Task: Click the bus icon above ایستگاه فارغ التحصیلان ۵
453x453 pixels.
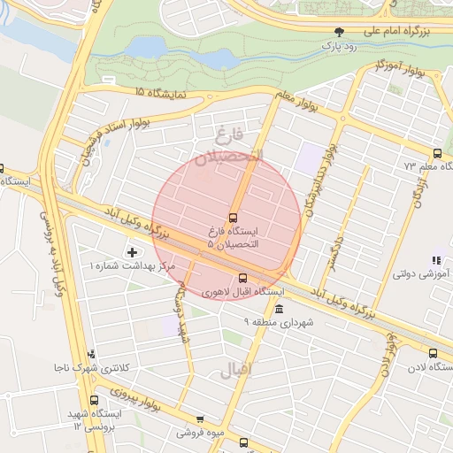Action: (234, 218)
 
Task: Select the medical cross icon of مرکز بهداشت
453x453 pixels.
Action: (133, 253)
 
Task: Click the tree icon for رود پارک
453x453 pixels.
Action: (339, 31)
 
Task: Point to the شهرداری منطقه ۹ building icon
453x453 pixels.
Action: (279, 309)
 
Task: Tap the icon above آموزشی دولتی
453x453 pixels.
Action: (435, 260)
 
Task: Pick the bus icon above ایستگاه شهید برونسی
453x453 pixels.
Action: (97, 401)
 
